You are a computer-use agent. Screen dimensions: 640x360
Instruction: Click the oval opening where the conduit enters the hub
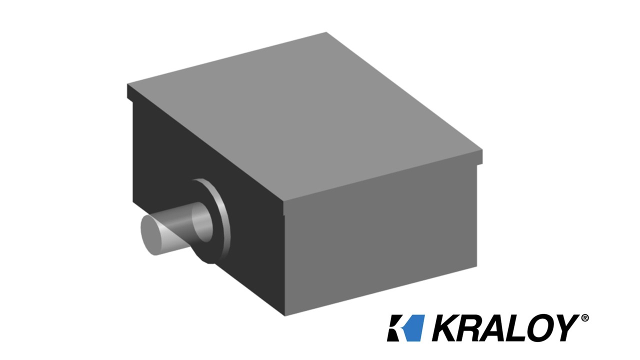click(202, 222)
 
